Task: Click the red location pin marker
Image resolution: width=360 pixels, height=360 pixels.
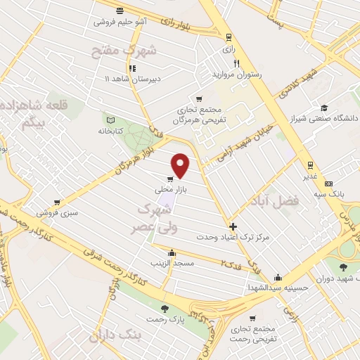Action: click(x=181, y=165)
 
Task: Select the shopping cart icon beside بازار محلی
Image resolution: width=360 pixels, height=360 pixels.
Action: click(x=171, y=180)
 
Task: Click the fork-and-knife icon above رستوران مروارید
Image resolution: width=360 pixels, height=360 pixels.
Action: click(x=227, y=63)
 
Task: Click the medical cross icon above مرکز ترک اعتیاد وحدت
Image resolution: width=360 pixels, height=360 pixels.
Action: click(x=233, y=226)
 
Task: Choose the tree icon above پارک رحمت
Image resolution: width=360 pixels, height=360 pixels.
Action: click(x=165, y=308)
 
